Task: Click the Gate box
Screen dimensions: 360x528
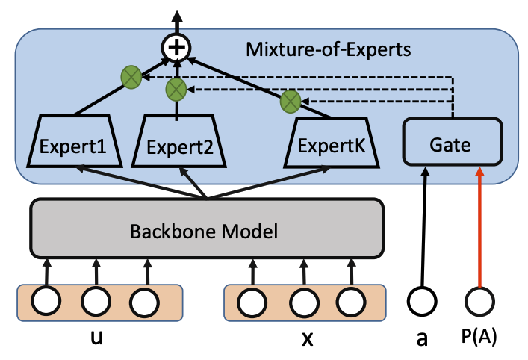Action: coord(451,144)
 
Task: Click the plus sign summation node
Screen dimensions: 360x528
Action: coord(176,49)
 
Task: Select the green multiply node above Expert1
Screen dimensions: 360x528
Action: coord(131,75)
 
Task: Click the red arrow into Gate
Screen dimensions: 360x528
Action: coord(478,224)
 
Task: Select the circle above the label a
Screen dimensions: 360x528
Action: coord(422,302)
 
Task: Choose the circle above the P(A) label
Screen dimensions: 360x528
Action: coord(478,302)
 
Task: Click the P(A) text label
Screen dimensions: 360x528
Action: coord(478,338)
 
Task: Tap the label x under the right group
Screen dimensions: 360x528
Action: coord(306,338)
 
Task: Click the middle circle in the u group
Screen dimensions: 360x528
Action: coord(96,302)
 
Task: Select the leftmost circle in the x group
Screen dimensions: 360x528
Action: coord(254,302)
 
